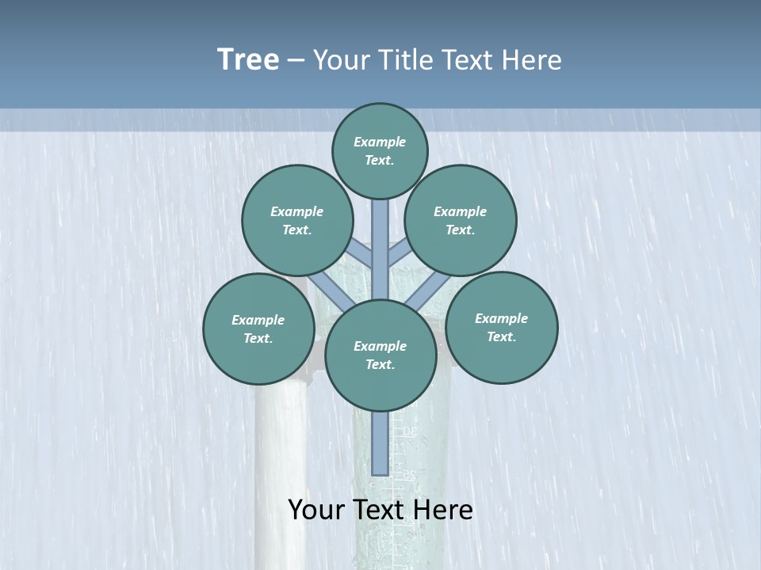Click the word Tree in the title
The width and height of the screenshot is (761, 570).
(248, 60)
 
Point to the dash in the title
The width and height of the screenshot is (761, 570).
(296, 61)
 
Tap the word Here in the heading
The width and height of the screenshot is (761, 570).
(531, 60)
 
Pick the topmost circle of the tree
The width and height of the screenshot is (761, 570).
(380, 150)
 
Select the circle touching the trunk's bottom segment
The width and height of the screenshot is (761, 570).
(380, 355)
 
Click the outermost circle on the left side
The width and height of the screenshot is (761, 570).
(258, 329)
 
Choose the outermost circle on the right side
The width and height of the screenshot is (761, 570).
(501, 327)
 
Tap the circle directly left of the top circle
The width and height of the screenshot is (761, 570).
(297, 220)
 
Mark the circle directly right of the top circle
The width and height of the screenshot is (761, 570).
(461, 220)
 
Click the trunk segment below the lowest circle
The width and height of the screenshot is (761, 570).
(380, 443)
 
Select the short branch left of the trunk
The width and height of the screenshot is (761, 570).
(361, 254)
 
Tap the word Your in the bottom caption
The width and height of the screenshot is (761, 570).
(317, 510)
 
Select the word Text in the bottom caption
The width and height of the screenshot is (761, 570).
(381, 510)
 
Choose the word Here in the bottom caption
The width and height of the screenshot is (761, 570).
(445, 510)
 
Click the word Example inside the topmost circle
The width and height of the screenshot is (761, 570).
(380, 142)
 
